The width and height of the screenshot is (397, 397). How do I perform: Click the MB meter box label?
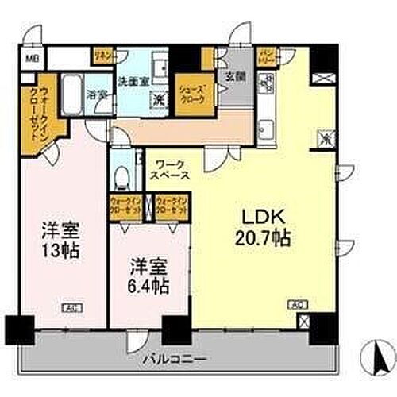pos(29,58)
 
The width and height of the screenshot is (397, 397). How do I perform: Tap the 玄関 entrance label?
pos(235,77)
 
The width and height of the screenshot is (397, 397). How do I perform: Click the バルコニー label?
pos(174,360)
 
